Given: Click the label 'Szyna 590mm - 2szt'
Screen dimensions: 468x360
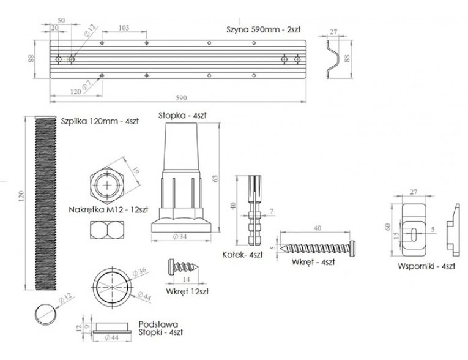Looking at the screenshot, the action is tap(263, 29).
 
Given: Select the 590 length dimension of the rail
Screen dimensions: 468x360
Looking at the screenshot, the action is tap(181, 98).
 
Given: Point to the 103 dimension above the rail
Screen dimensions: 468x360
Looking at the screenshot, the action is tap(124, 28).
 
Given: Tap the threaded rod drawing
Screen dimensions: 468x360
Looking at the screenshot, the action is tap(45, 203).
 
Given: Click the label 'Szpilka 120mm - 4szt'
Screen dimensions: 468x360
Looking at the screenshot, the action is tap(100, 121).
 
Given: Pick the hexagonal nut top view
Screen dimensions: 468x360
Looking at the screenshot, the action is tap(107, 186).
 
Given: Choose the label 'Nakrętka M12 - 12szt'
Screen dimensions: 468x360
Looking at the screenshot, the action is tap(108, 210).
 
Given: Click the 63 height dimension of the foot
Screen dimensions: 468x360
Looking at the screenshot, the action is tap(215, 179).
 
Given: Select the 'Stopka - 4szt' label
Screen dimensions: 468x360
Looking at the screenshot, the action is tap(182, 115).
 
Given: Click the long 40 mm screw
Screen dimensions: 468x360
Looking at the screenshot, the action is tap(318, 248).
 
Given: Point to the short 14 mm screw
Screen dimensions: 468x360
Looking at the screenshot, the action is tap(184, 266).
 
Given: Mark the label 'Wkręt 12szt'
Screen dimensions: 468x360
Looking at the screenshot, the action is tap(187, 291).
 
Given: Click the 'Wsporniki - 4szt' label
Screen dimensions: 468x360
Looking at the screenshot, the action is tap(426, 266).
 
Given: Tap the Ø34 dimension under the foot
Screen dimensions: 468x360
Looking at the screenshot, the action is tap(180, 236).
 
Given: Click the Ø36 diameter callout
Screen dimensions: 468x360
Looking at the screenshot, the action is tap(139, 272).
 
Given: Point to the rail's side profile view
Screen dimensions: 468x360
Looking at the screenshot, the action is tap(333, 59).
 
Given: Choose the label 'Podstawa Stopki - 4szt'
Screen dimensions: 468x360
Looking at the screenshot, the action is tap(161, 328).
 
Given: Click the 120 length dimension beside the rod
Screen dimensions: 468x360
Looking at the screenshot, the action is tap(21, 196).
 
